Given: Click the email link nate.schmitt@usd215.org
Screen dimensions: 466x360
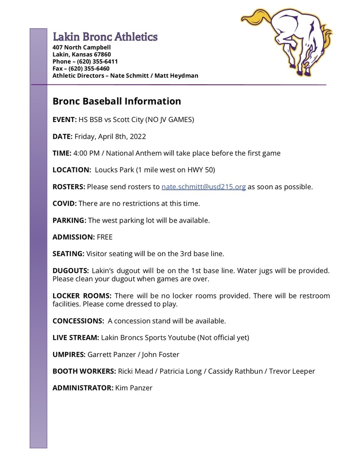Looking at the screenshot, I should pyautogui.click(x=203, y=187).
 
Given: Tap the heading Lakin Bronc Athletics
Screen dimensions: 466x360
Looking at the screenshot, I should pyautogui.click(x=105, y=37).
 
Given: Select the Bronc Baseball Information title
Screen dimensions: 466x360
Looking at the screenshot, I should pyautogui.click(x=117, y=101).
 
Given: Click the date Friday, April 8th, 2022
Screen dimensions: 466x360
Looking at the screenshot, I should pyautogui.click(x=110, y=137).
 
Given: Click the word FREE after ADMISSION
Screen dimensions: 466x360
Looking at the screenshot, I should pyautogui.click(x=105, y=237).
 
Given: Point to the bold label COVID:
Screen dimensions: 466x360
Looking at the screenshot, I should pyautogui.click(x=65, y=203).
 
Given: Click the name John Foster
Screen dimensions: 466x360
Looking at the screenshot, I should pyautogui.click(x=163, y=354).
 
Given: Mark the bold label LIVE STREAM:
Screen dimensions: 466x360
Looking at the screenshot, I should pyautogui.click(x=76, y=337).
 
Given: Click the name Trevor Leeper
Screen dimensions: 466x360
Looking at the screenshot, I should pyautogui.click(x=292, y=371).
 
